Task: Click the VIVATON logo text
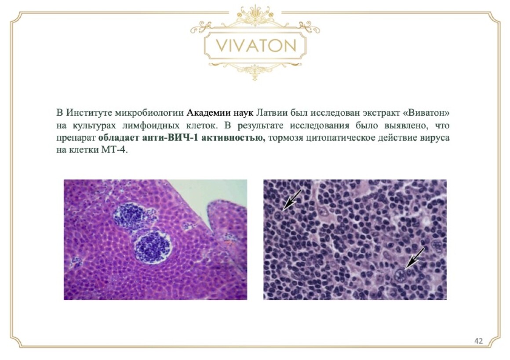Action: point(256,46)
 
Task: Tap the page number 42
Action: point(478,341)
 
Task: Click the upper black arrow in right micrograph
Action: point(293,200)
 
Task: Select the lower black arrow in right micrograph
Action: point(415,258)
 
